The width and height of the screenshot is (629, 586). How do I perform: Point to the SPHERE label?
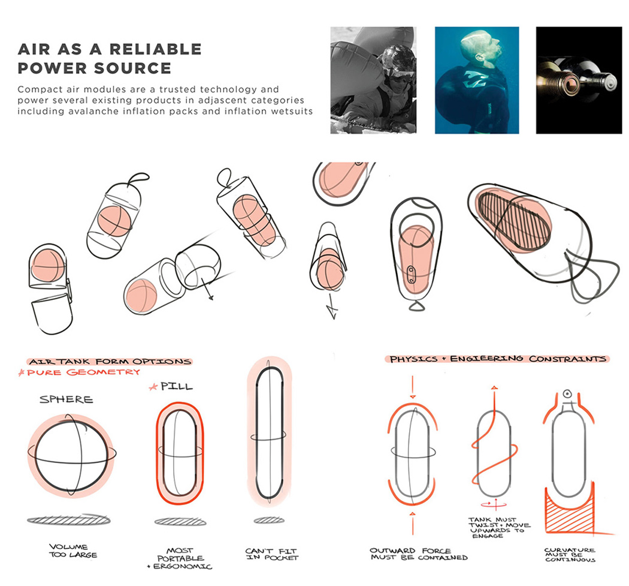(66, 399)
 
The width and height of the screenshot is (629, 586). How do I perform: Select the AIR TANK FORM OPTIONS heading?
(110, 362)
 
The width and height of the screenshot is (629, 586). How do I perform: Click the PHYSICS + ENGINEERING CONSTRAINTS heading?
(497, 359)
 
